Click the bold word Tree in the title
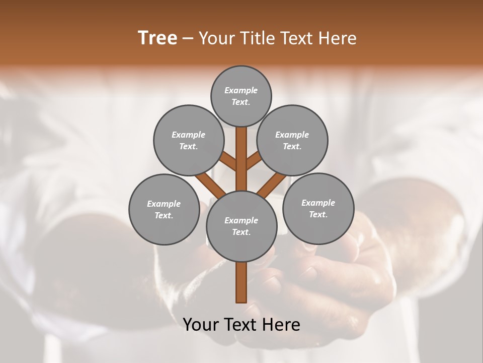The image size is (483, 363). [x=157, y=38]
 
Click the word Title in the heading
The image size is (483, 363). [x=256, y=38]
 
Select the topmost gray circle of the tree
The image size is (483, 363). [x=241, y=96]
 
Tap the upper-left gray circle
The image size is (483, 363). [x=188, y=140]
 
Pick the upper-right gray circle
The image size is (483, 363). [x=292, y=140]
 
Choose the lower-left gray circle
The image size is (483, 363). [x=164, y=209]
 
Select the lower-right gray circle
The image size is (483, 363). [x=318, y=208]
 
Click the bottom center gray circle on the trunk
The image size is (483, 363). [x=242, y=226]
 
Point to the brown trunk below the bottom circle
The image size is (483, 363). [x=242, y=282]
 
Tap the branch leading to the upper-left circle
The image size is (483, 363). [x=229, y=162]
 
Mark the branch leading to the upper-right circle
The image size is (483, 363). [x=253, y=162]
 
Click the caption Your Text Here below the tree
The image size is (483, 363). [x=242, y=325]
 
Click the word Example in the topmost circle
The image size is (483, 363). [x=241, y=90]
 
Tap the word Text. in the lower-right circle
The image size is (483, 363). [x=318, y=214]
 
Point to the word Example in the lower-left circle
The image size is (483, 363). [x=164, y=204]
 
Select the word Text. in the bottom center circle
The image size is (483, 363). [x=241, y=232]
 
